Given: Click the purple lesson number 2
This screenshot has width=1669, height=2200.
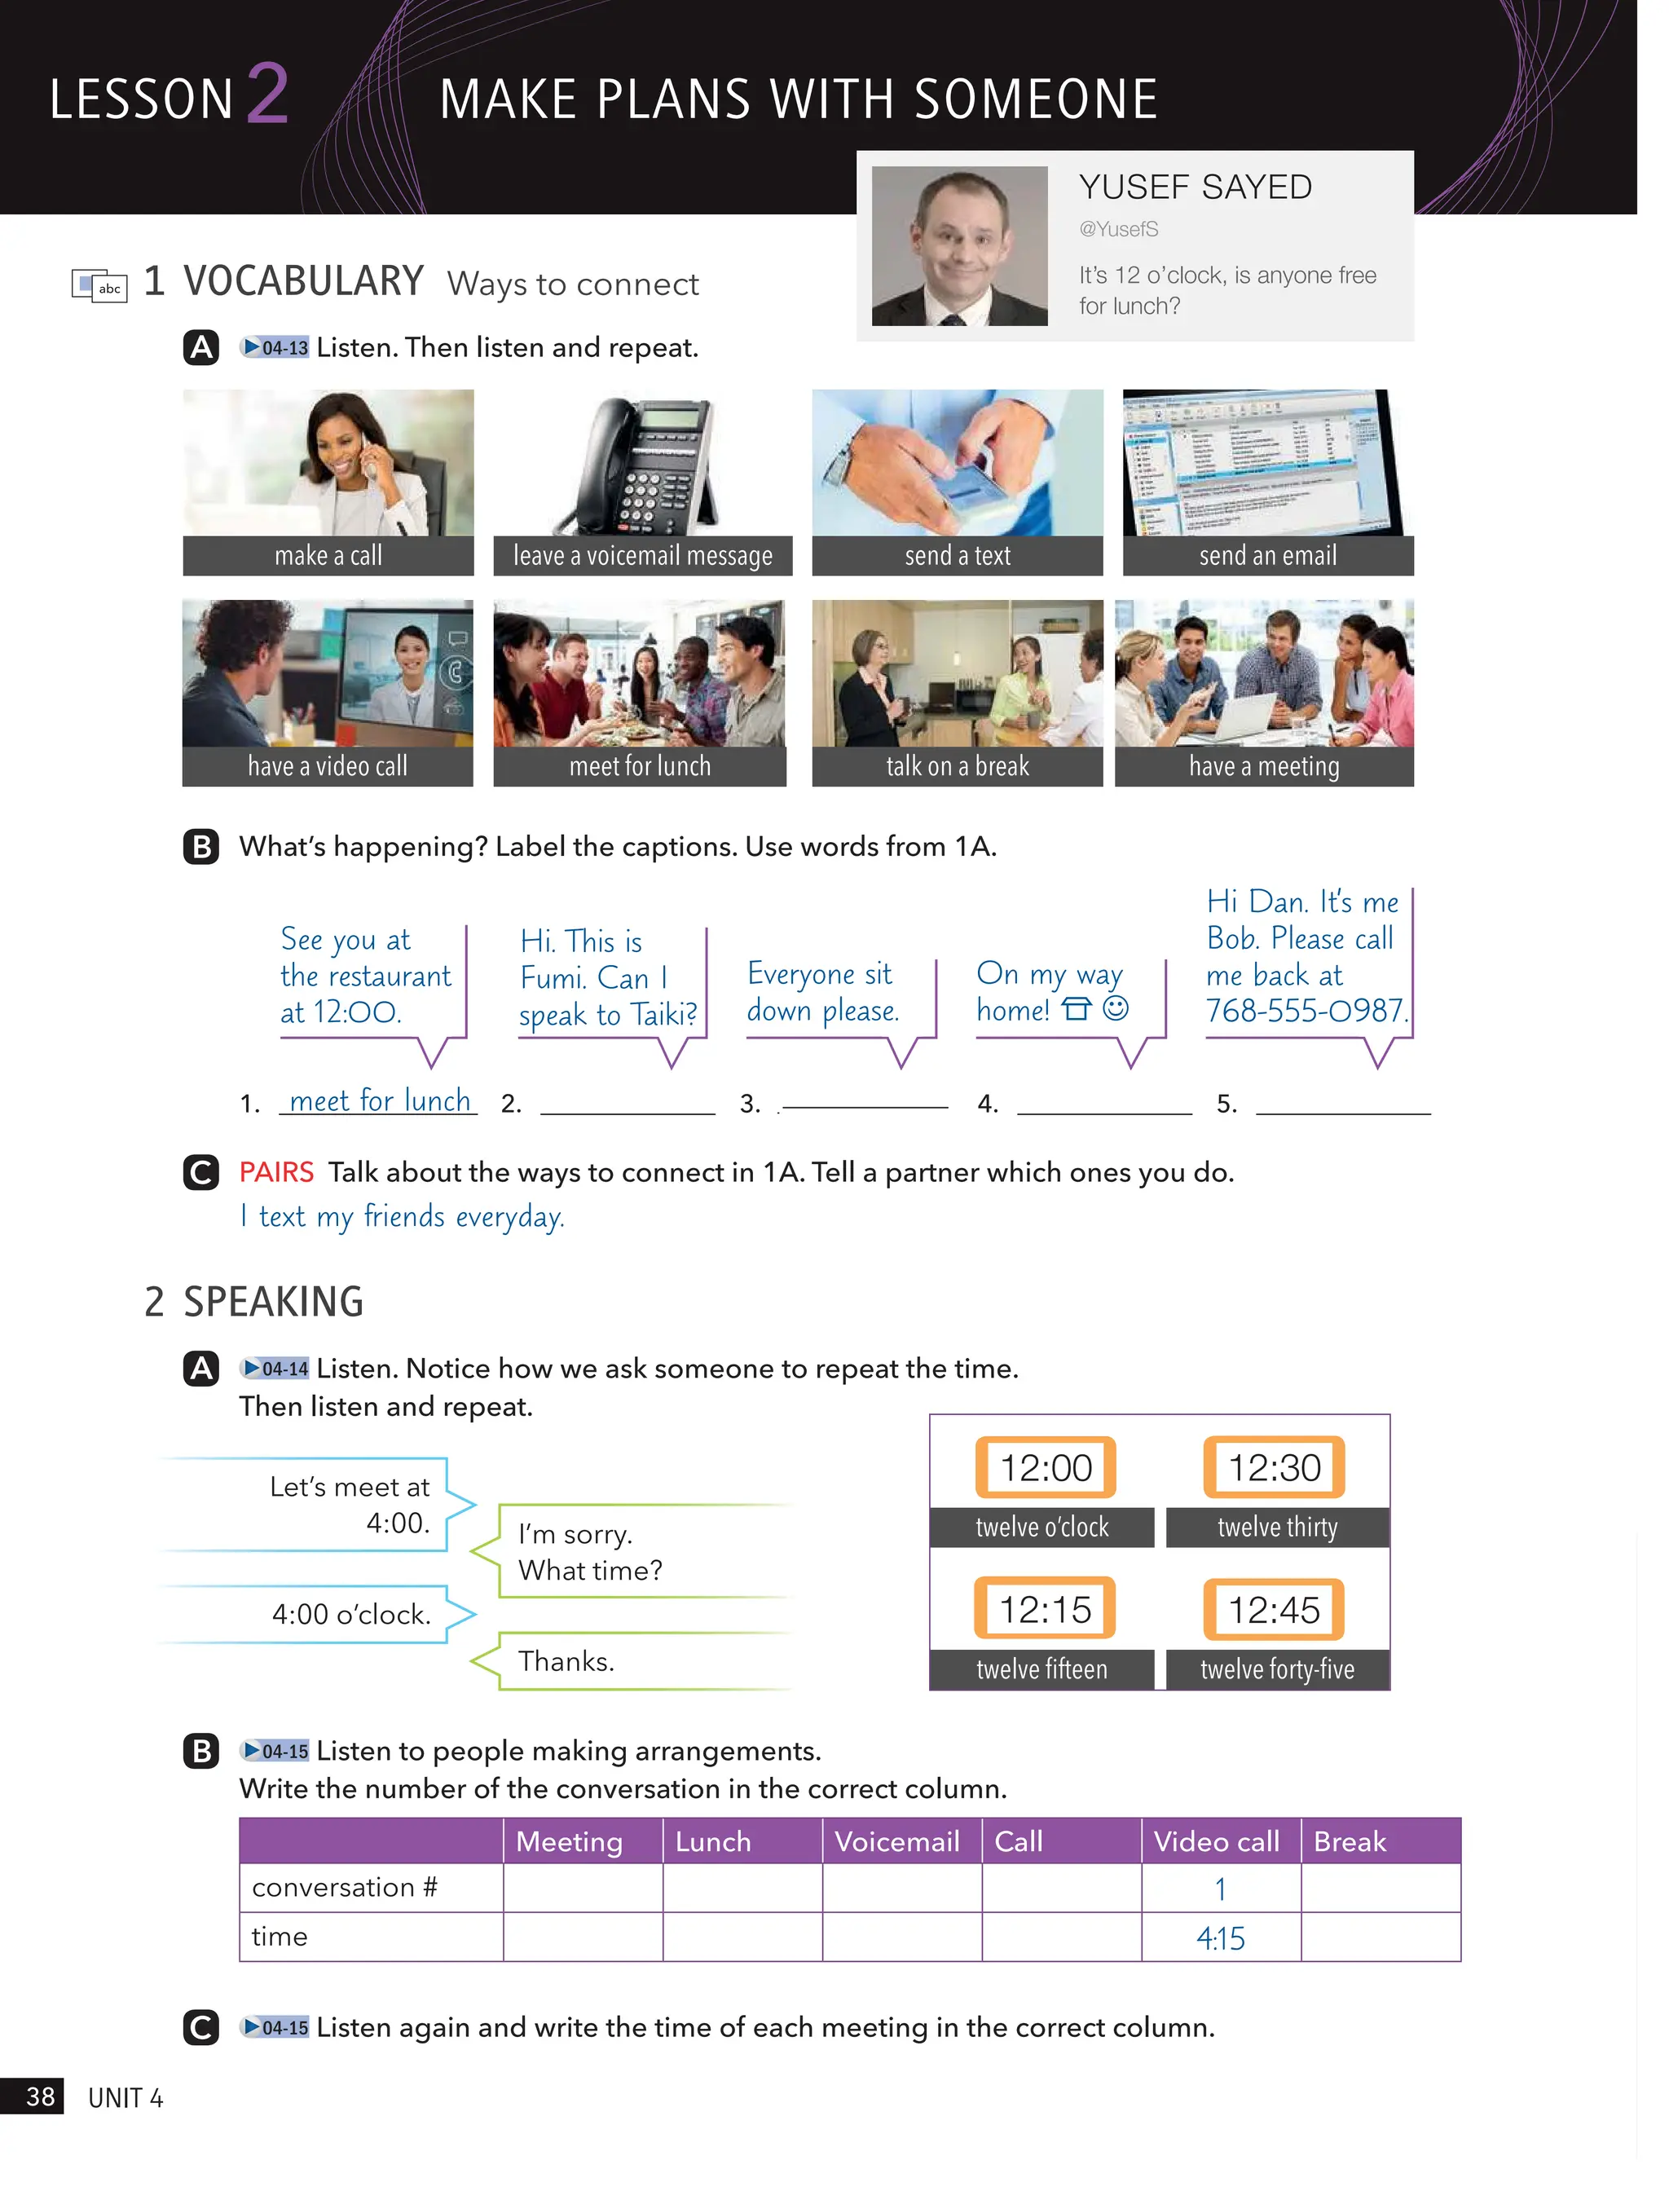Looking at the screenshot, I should point(266,94).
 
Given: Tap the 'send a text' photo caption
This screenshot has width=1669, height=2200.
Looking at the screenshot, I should point(957,556).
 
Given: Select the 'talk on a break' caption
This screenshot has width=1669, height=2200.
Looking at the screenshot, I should point(957,766).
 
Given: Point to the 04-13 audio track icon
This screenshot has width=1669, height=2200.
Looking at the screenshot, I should point(275,348).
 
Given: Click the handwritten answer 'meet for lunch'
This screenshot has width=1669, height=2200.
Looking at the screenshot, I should point(379,1101).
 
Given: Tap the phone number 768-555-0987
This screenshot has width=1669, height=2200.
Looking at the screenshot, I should point(1306,1011).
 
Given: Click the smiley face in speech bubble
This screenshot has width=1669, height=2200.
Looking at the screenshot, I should point(1116,1008).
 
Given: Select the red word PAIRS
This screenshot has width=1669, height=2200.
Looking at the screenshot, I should point(276,1173).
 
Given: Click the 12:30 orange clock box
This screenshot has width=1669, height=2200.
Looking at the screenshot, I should point(1274,1467).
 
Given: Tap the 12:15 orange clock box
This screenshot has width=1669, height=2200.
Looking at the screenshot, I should point(1045,1609).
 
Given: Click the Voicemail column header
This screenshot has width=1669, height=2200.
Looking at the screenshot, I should point(897,1842).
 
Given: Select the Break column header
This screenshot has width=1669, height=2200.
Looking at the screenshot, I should point(1349,1842).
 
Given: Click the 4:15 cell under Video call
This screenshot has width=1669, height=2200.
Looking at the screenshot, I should point(1221,1938).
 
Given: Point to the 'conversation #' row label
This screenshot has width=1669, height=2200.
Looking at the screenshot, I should point(344,1888).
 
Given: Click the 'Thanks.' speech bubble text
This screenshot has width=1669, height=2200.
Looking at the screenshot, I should point(566,1661).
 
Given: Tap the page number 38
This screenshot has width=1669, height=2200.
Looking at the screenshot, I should point(40,2096).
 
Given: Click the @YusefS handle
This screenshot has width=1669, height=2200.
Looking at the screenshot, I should point(1119,230).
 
